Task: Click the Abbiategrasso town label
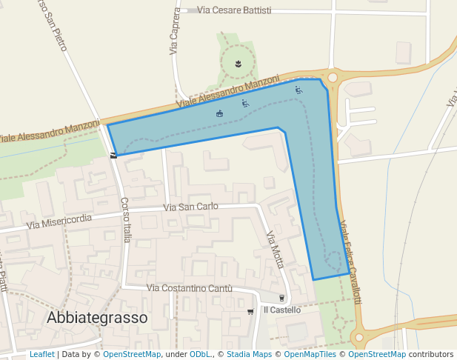97,317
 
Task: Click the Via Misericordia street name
59,220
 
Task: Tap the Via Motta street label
275,250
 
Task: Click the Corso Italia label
126,219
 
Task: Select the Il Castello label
282,310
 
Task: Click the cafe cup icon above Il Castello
281,298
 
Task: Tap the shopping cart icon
251,311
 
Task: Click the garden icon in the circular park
238,64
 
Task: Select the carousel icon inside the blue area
219,113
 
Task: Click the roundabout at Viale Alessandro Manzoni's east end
333,76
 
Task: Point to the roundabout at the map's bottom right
361,337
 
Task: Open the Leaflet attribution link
41,355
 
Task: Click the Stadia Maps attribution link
249,355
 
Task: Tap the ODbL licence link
200,355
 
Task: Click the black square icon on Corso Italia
113,155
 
